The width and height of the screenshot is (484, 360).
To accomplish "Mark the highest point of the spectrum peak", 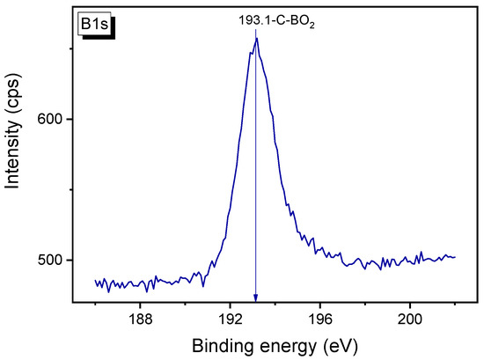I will point(256,38).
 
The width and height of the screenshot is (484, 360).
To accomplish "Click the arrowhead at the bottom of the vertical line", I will point(256,298).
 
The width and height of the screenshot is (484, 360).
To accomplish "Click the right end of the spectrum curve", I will point(455,257).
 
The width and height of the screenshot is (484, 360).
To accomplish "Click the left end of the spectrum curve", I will point(95,281).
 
